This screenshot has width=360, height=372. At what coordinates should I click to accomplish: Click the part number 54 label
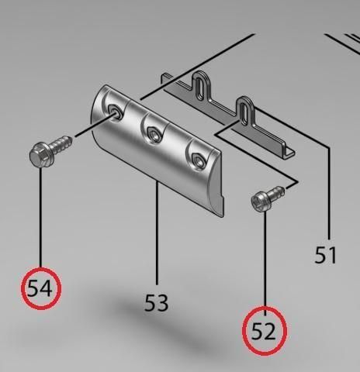tap(40, 288)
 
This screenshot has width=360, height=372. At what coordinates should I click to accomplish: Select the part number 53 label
tap(157, 302)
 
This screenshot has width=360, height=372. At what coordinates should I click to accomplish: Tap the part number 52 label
tap(264, 332)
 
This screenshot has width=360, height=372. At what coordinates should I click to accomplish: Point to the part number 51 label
tap(325, 255)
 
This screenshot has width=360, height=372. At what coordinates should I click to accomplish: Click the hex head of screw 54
tap(41, 155)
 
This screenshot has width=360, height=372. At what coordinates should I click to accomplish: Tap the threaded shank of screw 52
tap(277, 192)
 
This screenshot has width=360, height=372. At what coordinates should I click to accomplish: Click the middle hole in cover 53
tap(153, 135)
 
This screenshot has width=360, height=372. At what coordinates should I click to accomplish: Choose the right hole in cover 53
tap(198, 160)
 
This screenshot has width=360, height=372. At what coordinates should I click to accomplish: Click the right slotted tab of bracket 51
tap(244, 110)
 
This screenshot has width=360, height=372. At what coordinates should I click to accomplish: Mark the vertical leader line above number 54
tap(40, 217)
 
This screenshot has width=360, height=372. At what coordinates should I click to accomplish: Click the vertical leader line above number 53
tap(157, 232)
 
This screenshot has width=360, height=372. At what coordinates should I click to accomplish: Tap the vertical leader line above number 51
tap(329, 193)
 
